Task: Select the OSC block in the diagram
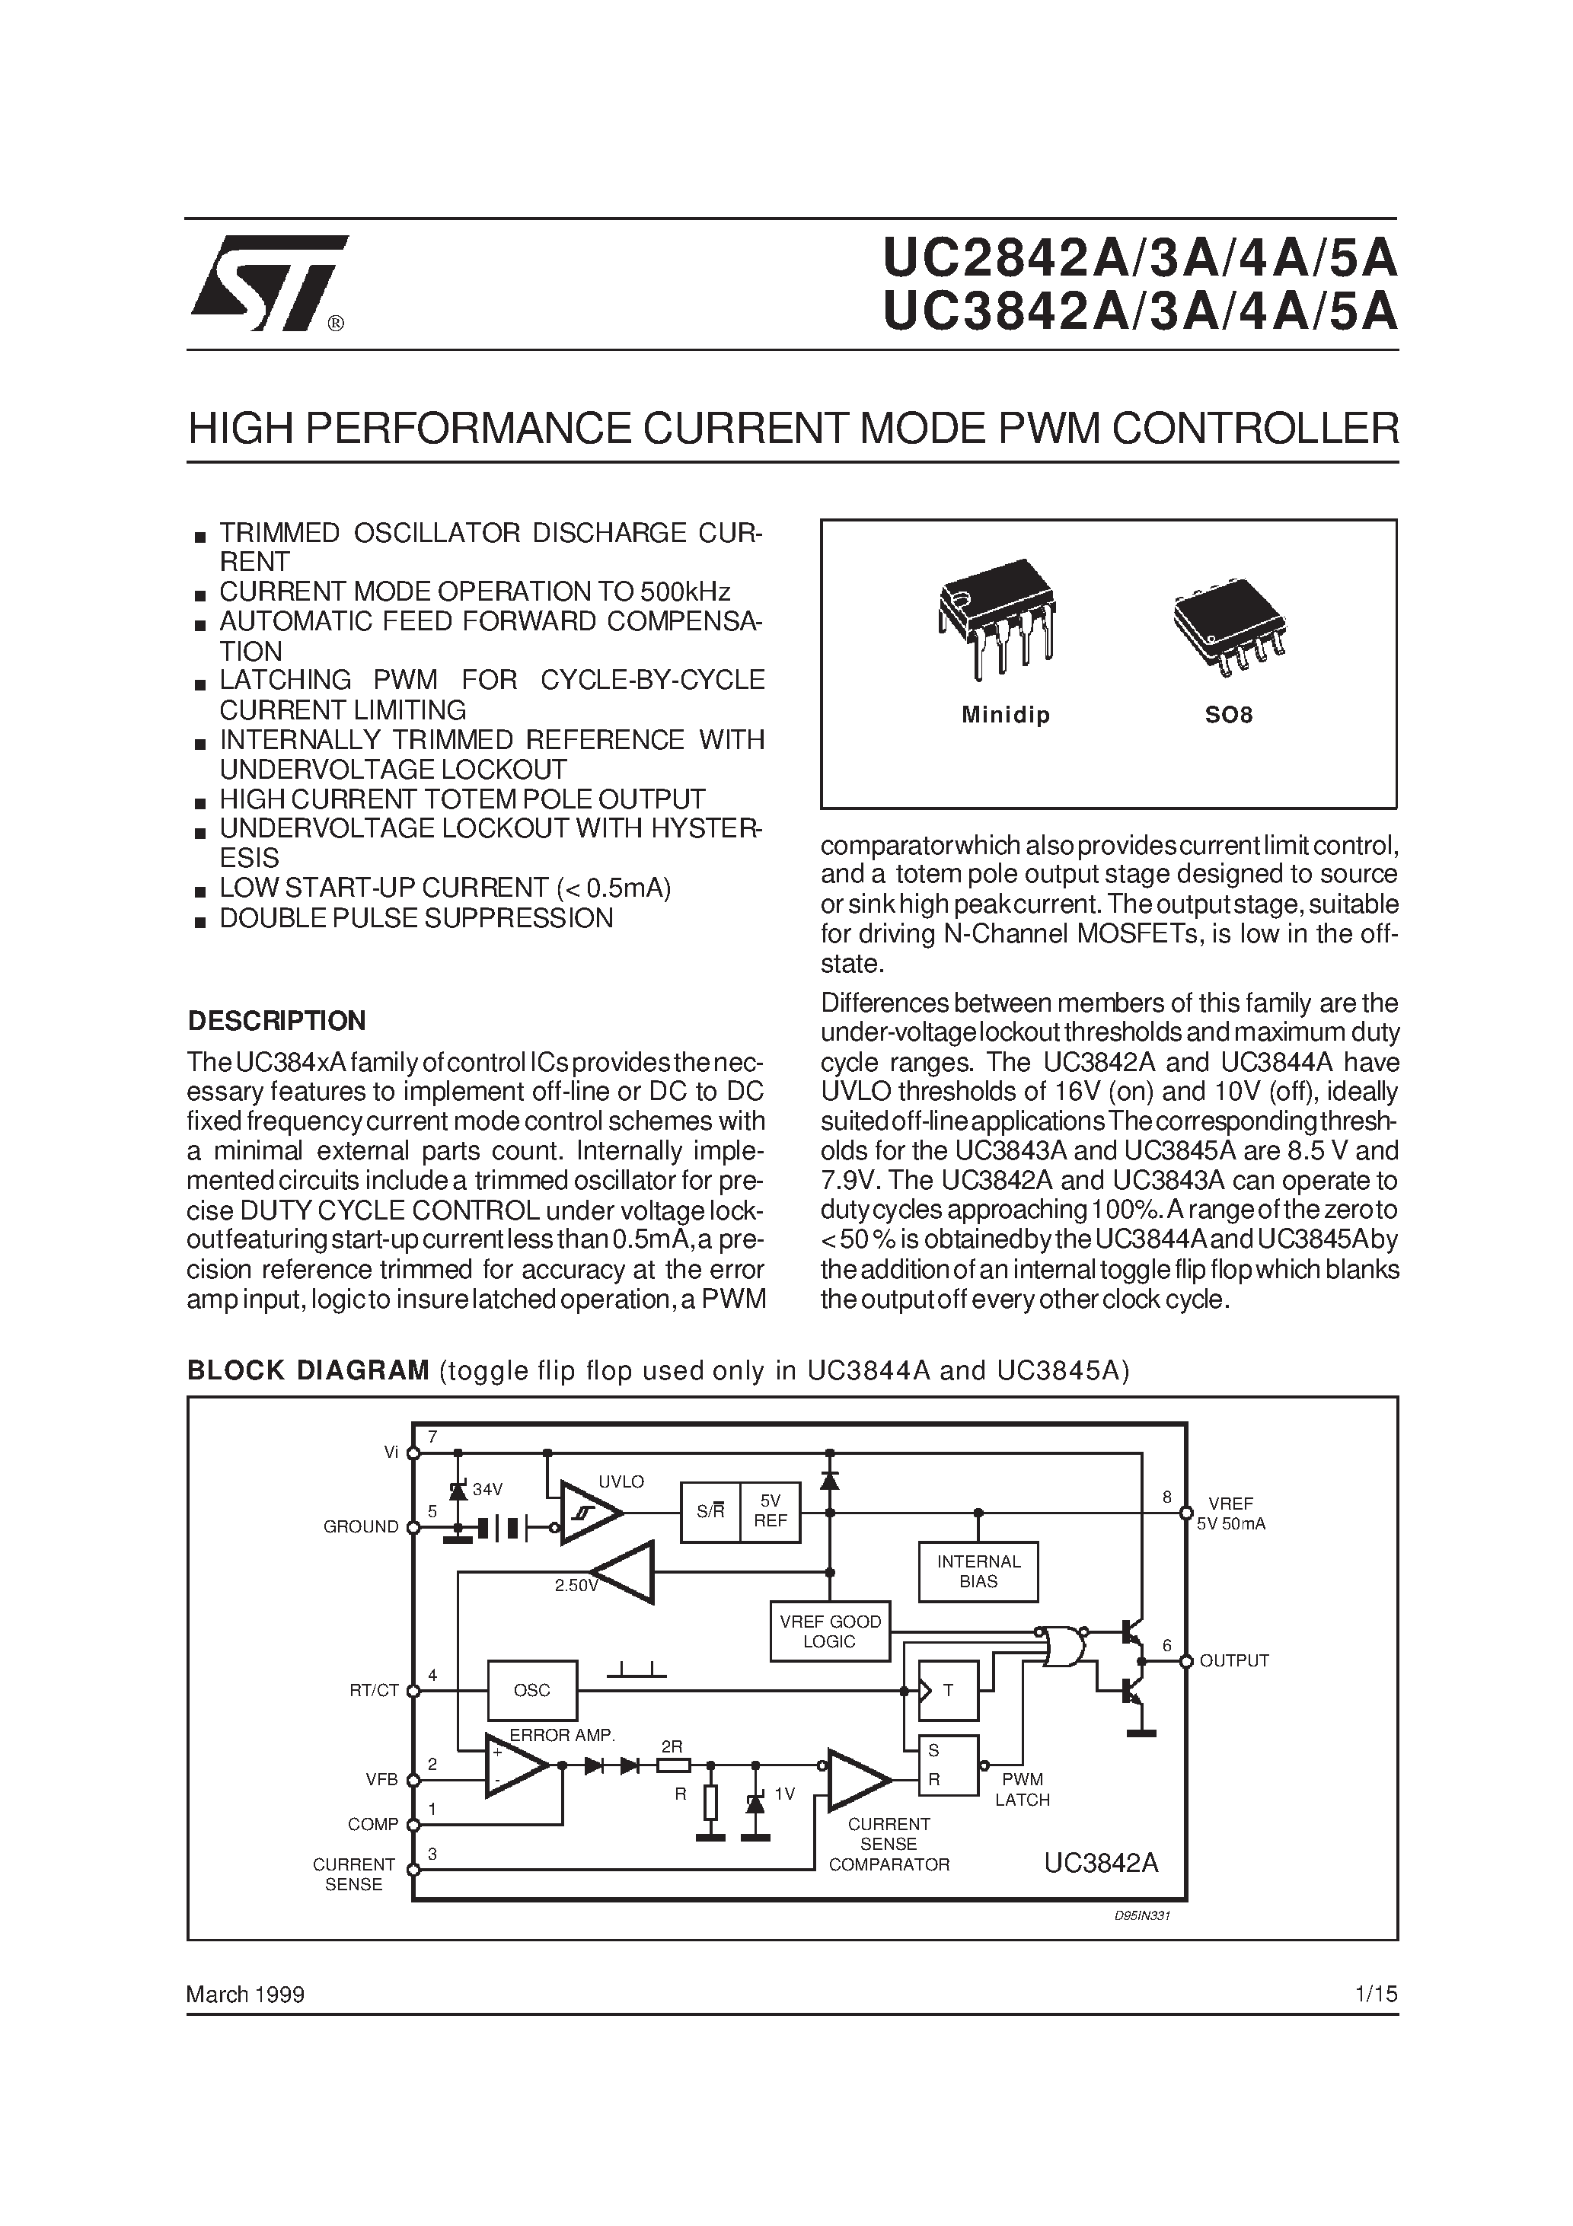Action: coord(531,1691)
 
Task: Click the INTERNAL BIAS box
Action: coord(978,1571)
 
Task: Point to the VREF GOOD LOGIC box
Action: coord(829,1631)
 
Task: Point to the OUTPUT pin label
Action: coord(1233,1661)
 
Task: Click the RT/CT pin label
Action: coord(375,1691)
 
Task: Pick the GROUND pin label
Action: coord(361,1527)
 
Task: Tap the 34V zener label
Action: coord(488,1489)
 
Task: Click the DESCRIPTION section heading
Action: coord(276,1021)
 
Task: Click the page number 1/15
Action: coord(1377,1995)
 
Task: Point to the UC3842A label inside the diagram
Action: coord(1101,1864)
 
